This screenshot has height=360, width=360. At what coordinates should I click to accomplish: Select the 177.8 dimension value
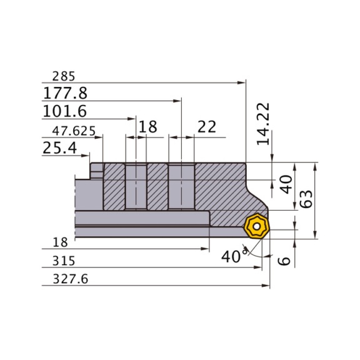tap(65, 94)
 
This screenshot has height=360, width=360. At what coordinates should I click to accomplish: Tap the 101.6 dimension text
tap(64, 112)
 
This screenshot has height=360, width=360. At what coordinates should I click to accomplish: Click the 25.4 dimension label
tap(59, 148)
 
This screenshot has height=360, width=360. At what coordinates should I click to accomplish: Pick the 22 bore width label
tap(206, 127)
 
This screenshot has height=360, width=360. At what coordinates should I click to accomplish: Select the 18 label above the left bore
tap(147, 127)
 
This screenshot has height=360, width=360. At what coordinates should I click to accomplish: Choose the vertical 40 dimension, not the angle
tap(286, 184)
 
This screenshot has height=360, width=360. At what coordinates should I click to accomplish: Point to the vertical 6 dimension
tap(285, 260)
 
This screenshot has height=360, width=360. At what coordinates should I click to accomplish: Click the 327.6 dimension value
tap(66, 281)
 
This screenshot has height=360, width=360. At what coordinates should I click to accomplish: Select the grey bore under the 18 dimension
tap(136, 187)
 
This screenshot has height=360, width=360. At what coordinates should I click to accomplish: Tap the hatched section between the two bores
tap(158, 187)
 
